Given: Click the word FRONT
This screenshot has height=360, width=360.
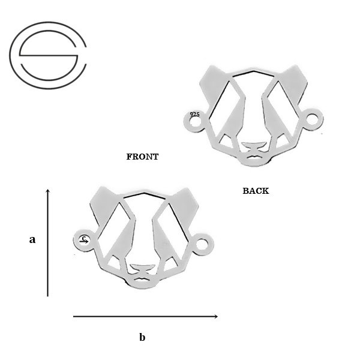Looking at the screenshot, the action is pyautogui.click(x=142, y=157).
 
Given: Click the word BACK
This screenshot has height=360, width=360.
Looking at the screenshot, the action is pyautogui.click(x=256, y=191).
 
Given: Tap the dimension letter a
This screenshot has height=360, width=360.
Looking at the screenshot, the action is pyautogui.click(x=32, y=239).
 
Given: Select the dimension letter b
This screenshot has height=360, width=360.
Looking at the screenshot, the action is pyautogui.click(x=142, y=337).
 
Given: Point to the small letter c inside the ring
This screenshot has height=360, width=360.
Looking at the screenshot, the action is pyautogui.click(x=84, y=238).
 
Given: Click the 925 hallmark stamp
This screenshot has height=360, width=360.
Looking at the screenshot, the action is pyautogui.click(x=194, y=115).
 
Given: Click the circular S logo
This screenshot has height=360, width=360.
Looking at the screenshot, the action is pyautogui.click(x=48, y=55).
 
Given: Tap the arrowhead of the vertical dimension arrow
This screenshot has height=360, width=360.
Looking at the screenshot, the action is pyautogui.click(x=48, y=191).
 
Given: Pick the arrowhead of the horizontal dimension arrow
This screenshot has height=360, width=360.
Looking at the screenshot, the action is pyautogui.click(x=215, y=316).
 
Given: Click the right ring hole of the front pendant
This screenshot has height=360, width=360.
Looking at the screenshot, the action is pyautogui.click(x=202, y=245).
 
